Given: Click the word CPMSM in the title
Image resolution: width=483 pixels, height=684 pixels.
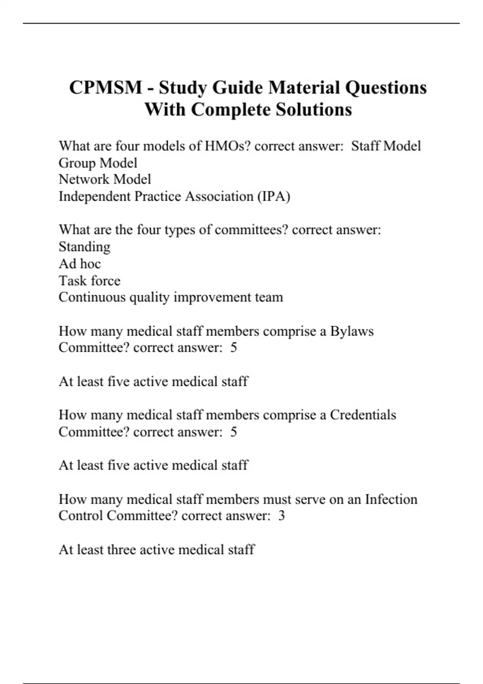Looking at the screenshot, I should [105, 88].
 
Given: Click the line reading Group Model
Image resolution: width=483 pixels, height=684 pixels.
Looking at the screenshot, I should [98, 163].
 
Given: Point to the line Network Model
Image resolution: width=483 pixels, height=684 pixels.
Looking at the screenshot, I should [105, 179].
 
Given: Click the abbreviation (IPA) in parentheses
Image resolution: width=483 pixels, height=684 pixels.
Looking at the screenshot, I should [274, 196].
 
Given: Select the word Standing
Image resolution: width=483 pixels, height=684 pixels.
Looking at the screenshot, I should [85, 247].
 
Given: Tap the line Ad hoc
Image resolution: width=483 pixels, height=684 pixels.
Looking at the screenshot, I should [80, 264].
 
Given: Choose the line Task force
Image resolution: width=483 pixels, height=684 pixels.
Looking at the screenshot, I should [89, 280].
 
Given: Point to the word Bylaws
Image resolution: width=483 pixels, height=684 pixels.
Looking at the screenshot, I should [352, 331].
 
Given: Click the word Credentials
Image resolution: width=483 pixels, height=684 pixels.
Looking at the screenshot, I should [363, 415].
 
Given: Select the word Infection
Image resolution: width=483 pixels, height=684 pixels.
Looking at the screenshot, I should [391, 499].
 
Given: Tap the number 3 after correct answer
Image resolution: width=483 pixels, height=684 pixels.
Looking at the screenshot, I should [281, 516].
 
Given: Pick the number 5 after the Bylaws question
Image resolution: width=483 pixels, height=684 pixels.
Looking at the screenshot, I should [233, 348].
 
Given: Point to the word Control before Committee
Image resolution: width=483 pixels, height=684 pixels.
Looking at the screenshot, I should [80, 516].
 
